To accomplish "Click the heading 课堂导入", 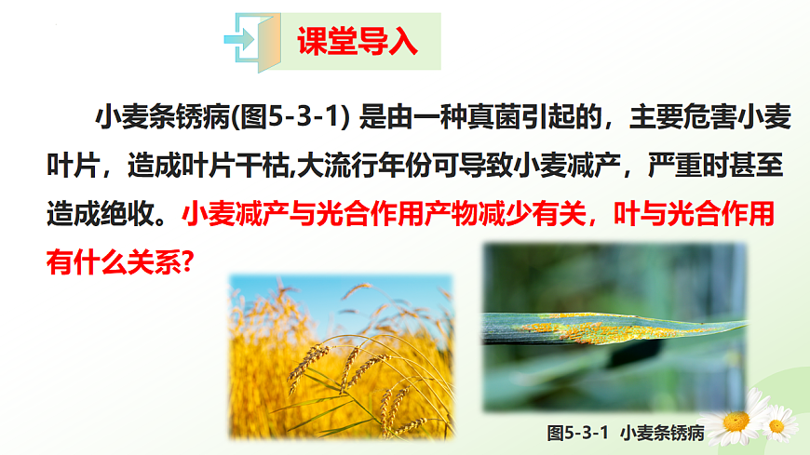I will point(357,41).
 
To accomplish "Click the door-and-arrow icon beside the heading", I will point(252,41).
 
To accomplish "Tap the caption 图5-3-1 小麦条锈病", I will point(624,433).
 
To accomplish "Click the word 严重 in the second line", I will point(644,167).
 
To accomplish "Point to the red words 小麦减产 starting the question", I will point(233,216).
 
